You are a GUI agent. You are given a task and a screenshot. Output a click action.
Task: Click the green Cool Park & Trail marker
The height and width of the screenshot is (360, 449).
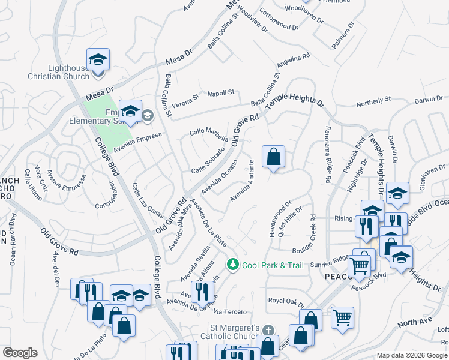tap(232, 264)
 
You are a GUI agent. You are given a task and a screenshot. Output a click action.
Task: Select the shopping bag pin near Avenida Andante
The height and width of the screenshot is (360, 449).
tap(273, 157)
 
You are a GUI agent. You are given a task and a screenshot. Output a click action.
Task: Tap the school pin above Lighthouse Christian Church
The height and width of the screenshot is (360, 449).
tap(98, 60)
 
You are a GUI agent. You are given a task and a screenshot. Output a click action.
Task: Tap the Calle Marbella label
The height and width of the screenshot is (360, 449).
tap(209, 133)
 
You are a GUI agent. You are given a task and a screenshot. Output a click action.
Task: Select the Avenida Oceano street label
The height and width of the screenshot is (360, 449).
tap(220, 177)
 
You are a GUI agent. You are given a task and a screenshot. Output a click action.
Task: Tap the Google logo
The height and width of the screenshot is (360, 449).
tap(20, 352)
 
